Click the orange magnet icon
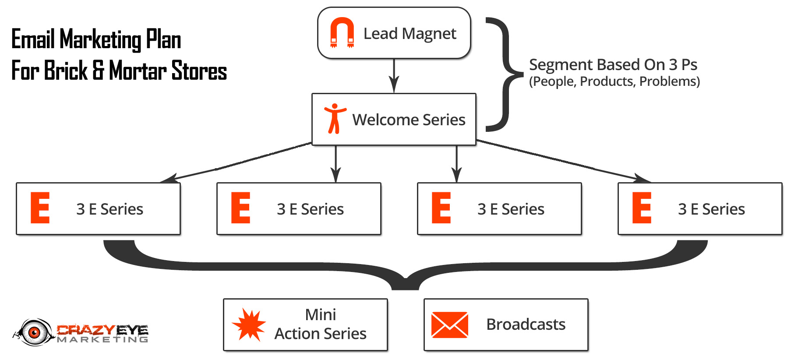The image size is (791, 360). click(x=342, y=32)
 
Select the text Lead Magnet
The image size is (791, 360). click(x=410, y=34)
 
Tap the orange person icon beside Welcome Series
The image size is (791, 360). click(x=335, y=118)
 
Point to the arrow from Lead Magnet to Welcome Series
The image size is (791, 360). click(x=394, y=75)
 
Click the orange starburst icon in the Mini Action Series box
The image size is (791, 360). click(x=249, y=325)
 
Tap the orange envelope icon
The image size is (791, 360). click(x=449, y=325)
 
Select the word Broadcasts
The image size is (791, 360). click(x=526, y=324)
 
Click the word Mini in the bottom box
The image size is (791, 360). click(x=321, y=314)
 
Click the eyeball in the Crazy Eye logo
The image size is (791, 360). click(x=34, y=332)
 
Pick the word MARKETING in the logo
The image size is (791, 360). click(x=103, y=339)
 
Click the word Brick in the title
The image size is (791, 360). click(x=66, y=71)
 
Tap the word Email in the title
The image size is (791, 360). click(x=33, y=39)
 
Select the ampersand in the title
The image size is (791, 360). click(x=99, y=71)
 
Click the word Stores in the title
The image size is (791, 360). click(x=199, y=71)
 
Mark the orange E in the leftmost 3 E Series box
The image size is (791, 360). click(x=40, y=208)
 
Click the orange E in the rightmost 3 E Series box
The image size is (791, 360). click(x=642, y=208)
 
